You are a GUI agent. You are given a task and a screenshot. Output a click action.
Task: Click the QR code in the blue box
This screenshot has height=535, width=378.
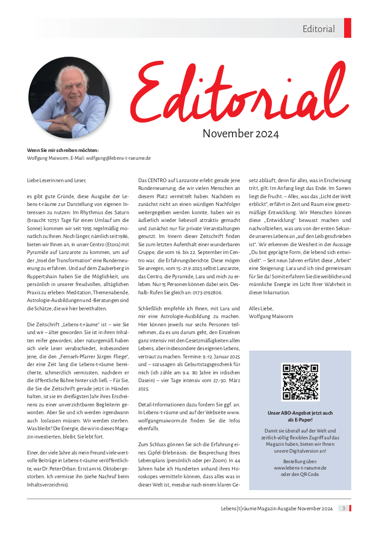point(300,382)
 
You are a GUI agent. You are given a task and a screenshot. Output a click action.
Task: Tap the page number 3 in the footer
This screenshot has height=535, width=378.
point(344,508)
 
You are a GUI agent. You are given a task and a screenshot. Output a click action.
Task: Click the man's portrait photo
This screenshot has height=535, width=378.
point(69,97)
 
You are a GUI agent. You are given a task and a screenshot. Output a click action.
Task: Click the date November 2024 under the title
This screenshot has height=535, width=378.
point(240,134)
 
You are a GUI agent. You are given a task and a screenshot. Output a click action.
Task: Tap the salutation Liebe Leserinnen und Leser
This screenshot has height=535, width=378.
point(56,180)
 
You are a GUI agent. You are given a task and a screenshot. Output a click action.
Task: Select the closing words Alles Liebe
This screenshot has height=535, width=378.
point(260,308)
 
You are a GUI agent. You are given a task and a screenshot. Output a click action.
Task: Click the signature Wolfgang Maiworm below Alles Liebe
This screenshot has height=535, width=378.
point(271,316)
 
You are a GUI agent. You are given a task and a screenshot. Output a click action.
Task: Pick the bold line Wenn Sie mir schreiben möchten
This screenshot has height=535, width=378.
point(63,150)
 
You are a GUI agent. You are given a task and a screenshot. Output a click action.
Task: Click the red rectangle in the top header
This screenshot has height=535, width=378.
point(347,28)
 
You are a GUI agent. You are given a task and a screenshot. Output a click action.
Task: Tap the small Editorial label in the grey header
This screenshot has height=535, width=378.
point(319,29)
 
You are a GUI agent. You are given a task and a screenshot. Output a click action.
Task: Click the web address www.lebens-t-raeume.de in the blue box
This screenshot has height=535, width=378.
point(300,468)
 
